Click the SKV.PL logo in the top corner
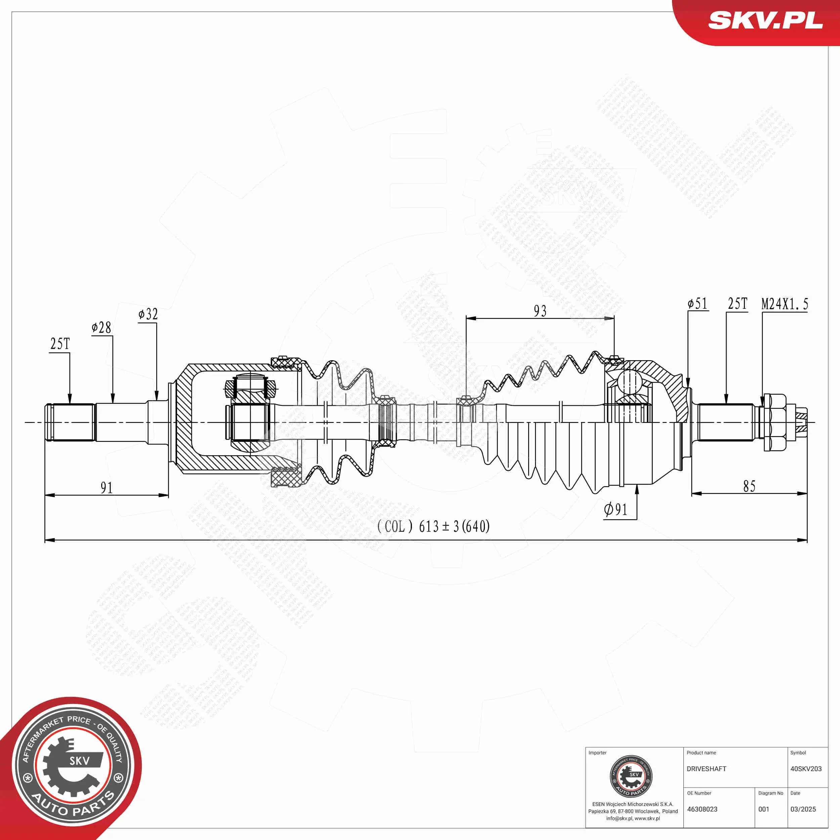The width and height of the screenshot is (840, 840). (x=765, y=20)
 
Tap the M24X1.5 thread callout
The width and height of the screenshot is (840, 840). (x=784, y=304)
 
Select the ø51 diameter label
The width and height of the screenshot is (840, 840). (x=698, y=303)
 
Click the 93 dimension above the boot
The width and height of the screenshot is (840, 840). (x=540, y=311)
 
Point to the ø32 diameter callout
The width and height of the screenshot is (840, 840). (x=148, y=314)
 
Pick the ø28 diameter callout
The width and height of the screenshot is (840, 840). (x=101, y=327)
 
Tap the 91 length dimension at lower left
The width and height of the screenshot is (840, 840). (x=107, y=488)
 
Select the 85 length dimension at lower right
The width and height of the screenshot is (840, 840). (x=749, y=487)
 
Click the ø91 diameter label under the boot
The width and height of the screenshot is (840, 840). (x=616, y=509)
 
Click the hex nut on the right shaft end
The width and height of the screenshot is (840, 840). (x=774, y=422)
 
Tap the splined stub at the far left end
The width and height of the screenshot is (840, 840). (x=70, y=422)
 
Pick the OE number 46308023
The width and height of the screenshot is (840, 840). (x=702, y=809)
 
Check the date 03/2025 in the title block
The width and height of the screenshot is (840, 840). (x=803, y=809)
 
